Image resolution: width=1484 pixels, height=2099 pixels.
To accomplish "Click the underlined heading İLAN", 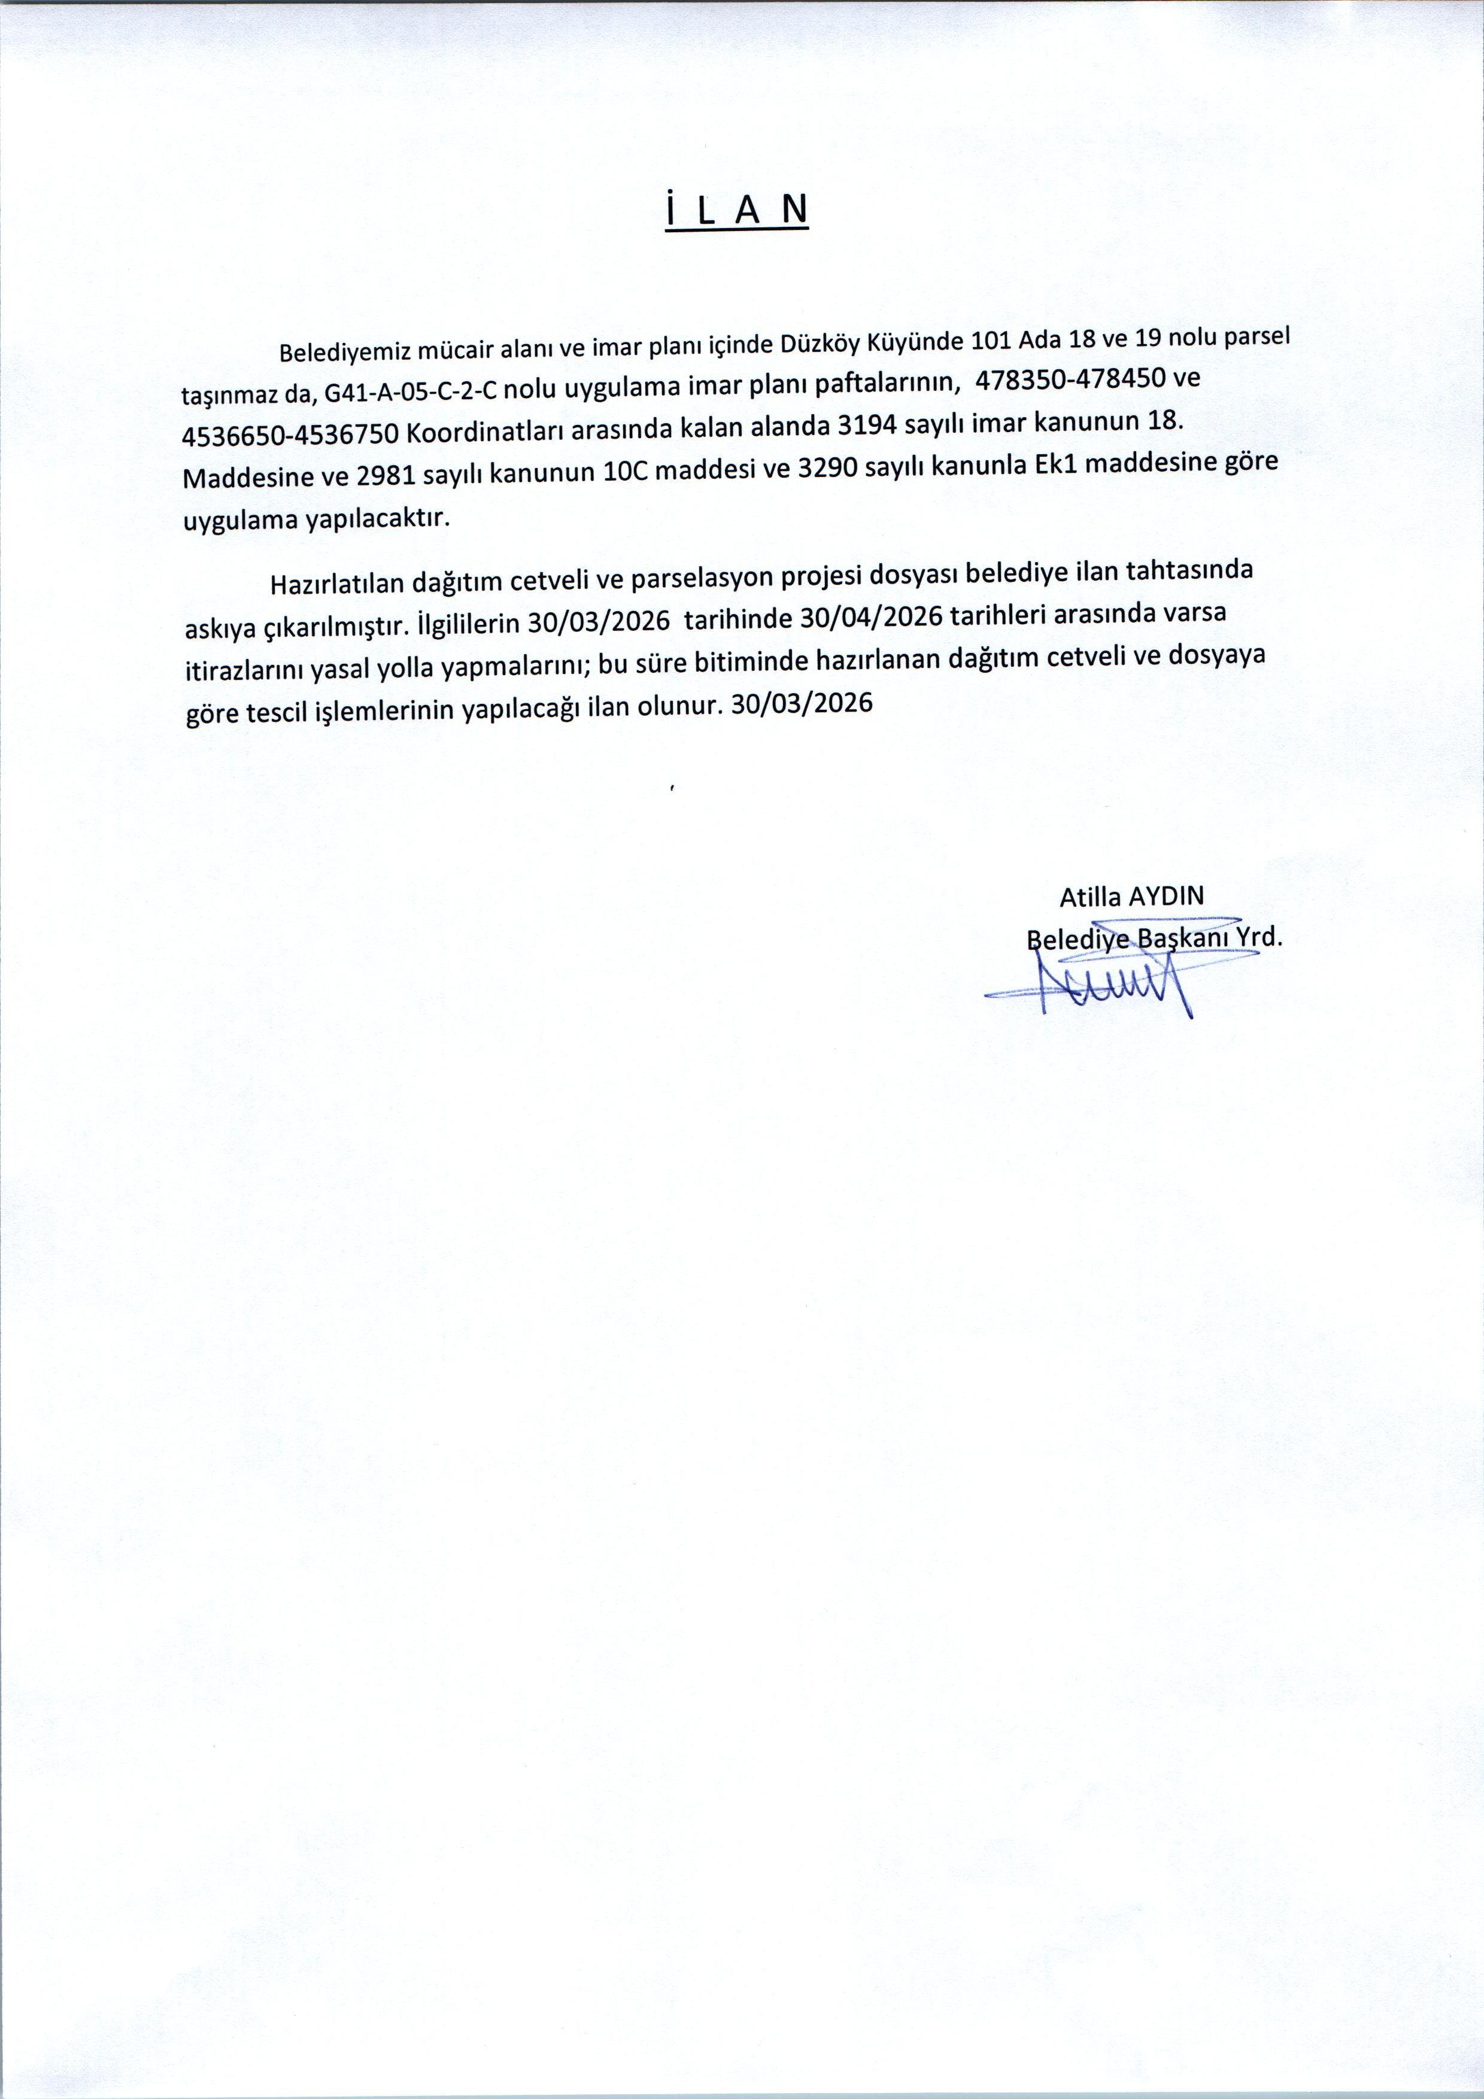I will click(x=737, y=210).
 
